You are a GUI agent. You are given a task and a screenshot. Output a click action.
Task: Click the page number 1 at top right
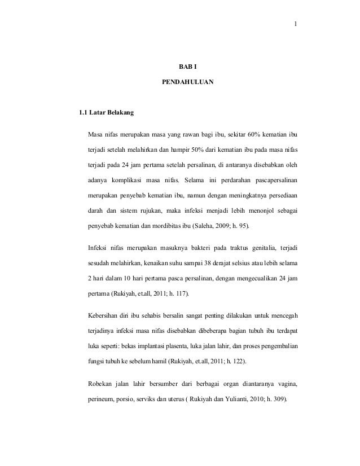click(x=295, y=24)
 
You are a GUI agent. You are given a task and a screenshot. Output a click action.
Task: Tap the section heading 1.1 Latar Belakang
click(x=107, y=114)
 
